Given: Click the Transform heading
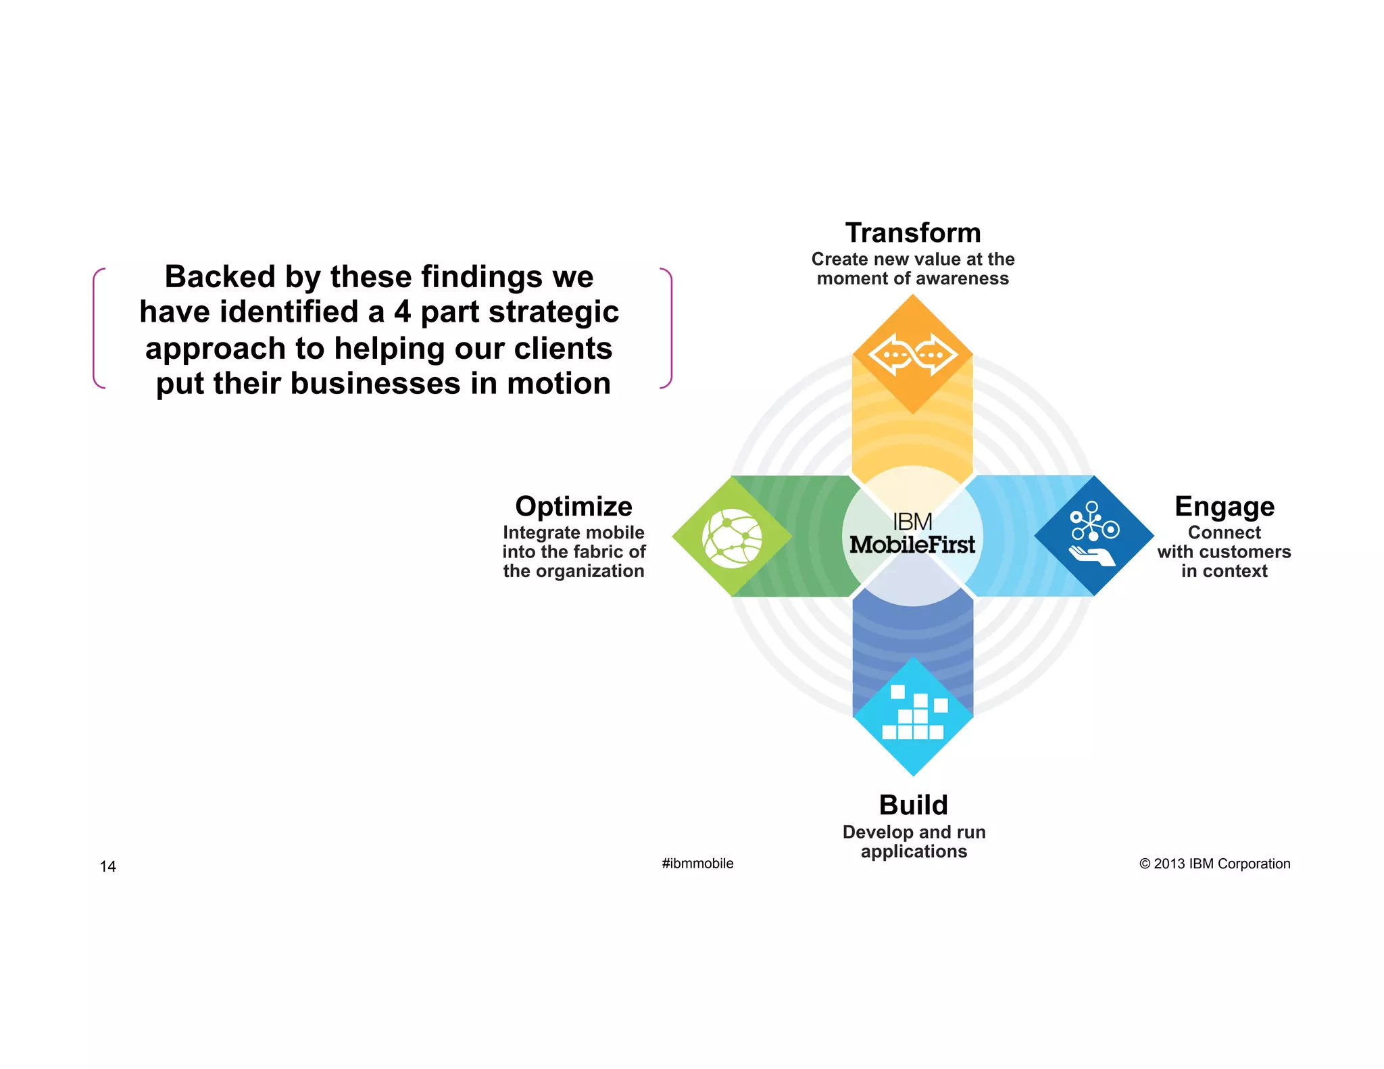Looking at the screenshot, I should coord(912,233).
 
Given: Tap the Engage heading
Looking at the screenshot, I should coord(1224,507).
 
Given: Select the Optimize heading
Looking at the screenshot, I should coord(573,507).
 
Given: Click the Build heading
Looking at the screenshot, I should coord(913,805).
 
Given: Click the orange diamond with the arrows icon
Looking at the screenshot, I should coord(912,354).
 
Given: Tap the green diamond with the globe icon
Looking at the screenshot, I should coord(732,537).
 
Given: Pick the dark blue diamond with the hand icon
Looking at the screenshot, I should coord(1094,535).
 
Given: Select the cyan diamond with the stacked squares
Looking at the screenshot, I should coord(913,716).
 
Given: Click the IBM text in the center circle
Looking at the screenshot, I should coord(912,522).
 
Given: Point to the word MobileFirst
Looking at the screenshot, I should coord(912,545).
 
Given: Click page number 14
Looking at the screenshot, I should coord(107,866).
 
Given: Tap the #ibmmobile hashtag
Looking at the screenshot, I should coord(697,864).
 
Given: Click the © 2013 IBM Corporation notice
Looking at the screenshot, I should coord(1214,864).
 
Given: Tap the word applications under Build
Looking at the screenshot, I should coord(914,851).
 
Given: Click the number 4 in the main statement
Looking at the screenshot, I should coord(403,313).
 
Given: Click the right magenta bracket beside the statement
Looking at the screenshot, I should coord(668,328).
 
